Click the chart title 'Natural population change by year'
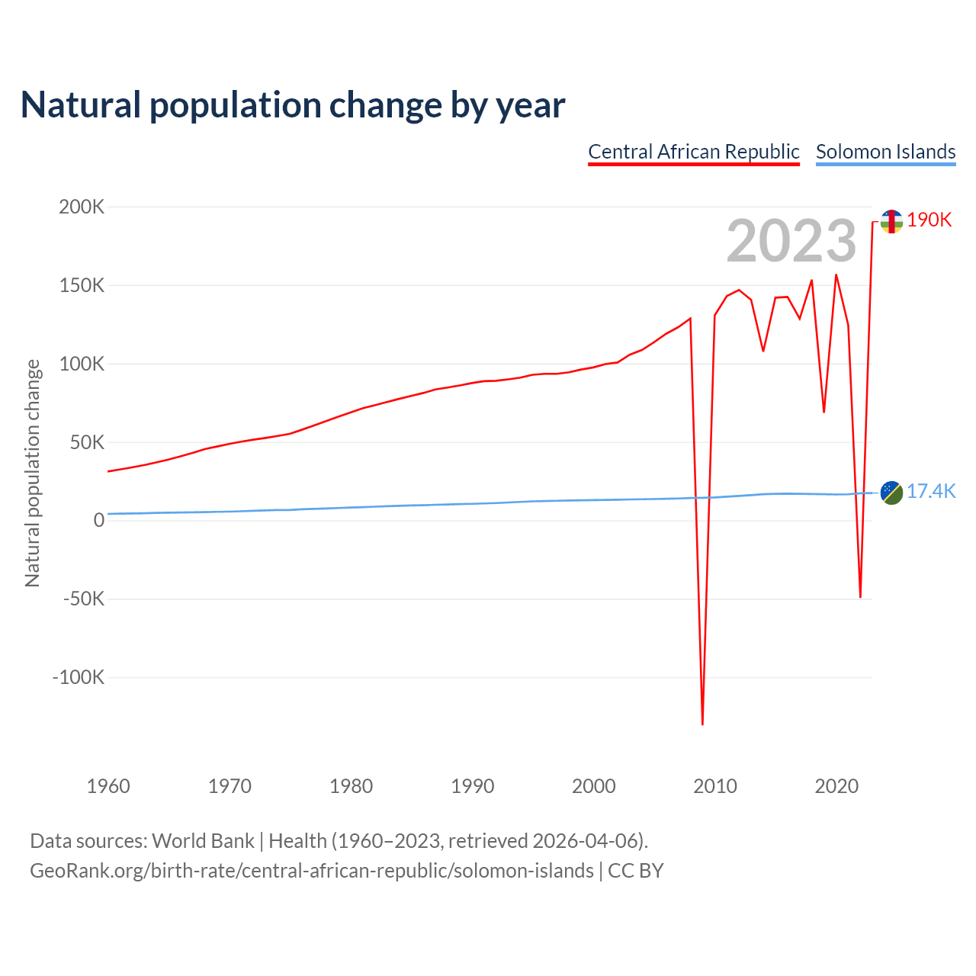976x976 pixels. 293,105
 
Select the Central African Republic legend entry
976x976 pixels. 693,152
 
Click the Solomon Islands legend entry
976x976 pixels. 885,152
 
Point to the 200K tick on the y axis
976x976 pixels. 82,207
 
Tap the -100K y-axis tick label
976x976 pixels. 78,677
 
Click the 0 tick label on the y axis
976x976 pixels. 98,520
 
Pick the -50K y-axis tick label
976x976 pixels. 83,599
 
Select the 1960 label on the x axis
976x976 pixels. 108,786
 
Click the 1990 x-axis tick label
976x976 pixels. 472,786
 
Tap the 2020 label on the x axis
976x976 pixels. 836,786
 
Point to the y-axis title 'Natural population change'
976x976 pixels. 32,473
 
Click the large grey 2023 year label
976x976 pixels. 791,241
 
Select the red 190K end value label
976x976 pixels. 929,220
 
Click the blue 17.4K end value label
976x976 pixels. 930,491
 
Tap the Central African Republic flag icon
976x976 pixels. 891,221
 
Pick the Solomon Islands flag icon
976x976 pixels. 891,493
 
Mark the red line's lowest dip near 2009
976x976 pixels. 702,723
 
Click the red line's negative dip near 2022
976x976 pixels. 860,596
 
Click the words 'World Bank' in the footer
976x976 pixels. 203,841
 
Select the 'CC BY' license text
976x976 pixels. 635,871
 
